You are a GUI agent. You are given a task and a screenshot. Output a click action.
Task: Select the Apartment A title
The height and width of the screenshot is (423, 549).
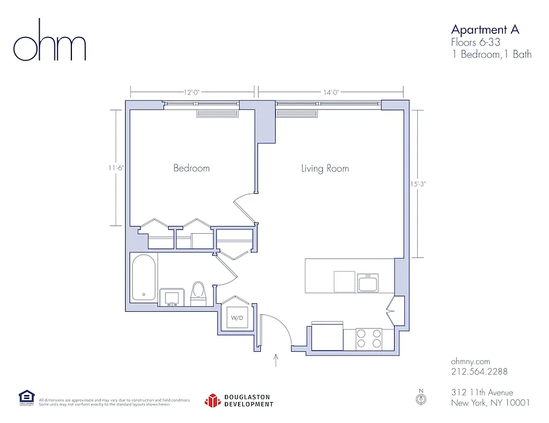(x=484, y=29)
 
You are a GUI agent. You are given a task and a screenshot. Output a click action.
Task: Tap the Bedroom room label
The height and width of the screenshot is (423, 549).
(x=191, y=168)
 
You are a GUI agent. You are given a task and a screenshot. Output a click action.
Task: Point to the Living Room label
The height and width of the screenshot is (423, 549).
(x=325, y=169)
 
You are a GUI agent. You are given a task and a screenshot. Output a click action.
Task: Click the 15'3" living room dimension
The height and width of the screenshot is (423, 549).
(x=417, y=184)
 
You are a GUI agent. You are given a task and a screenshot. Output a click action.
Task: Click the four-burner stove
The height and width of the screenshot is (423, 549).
(x=369, y=338)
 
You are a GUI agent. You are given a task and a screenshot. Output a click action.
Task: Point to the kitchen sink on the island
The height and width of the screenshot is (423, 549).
(x=368, y=283)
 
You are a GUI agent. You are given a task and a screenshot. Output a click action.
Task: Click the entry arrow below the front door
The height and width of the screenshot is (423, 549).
(x=276, y=361)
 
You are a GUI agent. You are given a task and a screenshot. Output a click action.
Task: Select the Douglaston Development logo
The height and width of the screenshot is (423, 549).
(x=239, y=400)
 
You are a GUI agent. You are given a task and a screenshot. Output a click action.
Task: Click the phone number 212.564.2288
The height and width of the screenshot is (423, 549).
(x=479, y=372)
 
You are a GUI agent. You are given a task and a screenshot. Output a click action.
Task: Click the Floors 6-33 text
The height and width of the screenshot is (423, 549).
(x=475, y=42)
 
